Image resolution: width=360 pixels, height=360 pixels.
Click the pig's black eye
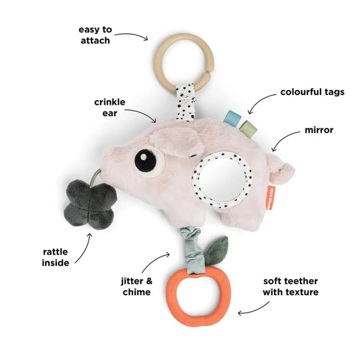144,157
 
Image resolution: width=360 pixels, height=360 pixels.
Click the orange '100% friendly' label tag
271,198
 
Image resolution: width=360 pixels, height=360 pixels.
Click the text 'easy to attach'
95,35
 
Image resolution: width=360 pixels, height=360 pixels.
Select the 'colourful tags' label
312,92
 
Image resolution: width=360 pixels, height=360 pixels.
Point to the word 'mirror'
319,130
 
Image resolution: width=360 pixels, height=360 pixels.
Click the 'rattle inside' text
55,257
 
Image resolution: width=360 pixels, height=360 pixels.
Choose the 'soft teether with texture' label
291,286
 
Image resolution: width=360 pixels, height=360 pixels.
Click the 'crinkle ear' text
110,107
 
